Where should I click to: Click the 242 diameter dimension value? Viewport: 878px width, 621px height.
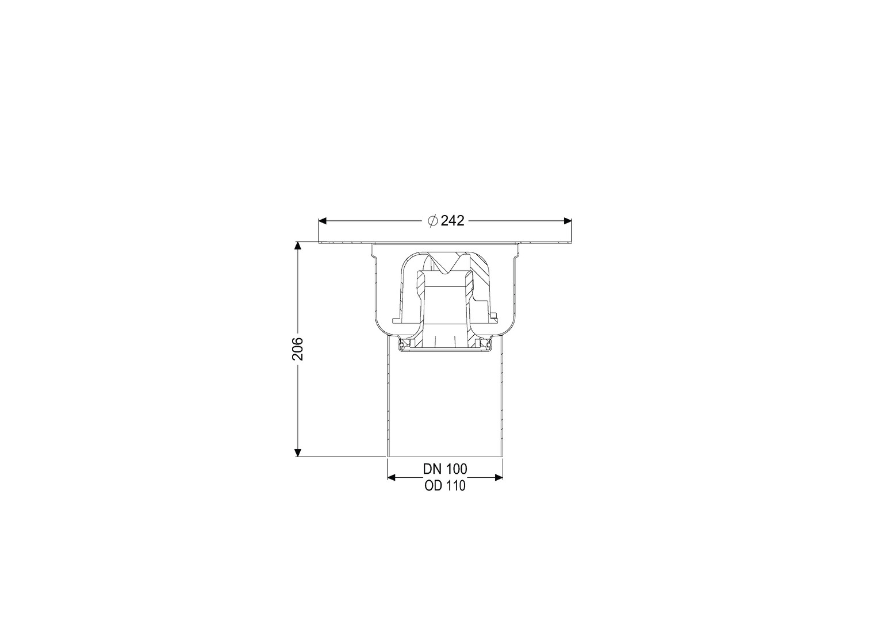[x=453, y=221]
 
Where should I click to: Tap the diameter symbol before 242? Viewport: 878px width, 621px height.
[x=433, y=221]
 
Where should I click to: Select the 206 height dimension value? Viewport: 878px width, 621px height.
[x=298, y=348]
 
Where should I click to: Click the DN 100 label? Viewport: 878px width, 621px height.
[x=445, y=469]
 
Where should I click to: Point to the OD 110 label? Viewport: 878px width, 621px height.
[x=445, y=486]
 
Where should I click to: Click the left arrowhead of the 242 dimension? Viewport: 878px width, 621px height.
[x=323, y=221]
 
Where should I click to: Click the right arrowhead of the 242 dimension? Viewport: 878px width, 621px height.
[x=567, y=221]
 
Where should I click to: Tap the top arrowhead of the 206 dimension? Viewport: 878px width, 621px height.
[x=298, y=246]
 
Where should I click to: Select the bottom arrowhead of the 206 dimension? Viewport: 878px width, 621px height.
[x=298, y=453]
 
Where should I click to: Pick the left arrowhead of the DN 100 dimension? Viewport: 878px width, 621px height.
[x=392, y=477]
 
